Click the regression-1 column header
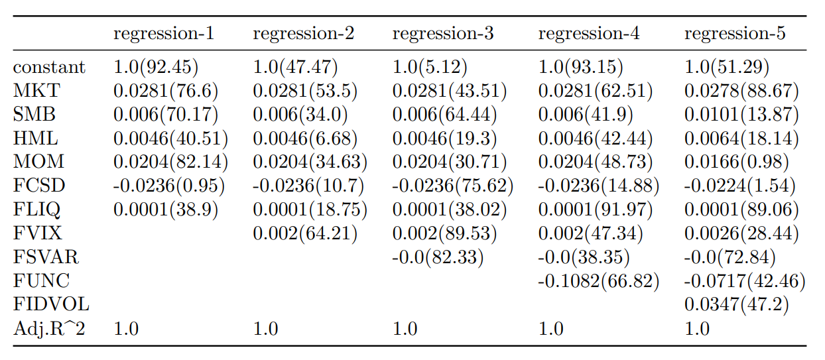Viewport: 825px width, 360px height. click(x=164, y=34)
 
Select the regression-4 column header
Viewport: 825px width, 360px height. click(x=589, y=34)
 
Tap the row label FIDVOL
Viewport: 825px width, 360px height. click(x=51, y=304)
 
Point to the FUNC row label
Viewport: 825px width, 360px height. click(x=41, y=280)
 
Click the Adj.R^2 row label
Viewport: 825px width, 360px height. click(x=49, y=329)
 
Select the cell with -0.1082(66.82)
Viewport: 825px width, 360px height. click(x=598, y=280)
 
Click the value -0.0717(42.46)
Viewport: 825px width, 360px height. click(x=745, y=280)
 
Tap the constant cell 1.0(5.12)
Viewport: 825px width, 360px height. click(x=430, y=67)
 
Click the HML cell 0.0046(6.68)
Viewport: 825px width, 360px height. click(x=305, y=139)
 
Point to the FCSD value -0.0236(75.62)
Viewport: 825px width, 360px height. click(x=453, y=186)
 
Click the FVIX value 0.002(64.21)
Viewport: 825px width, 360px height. click(x=304, y=233)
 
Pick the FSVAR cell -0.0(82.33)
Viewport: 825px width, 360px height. click(x=438, y=257)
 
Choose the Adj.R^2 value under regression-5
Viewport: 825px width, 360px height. click(x=697, y=329)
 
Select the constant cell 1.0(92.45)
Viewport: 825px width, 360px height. click(x=156, y=67)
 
